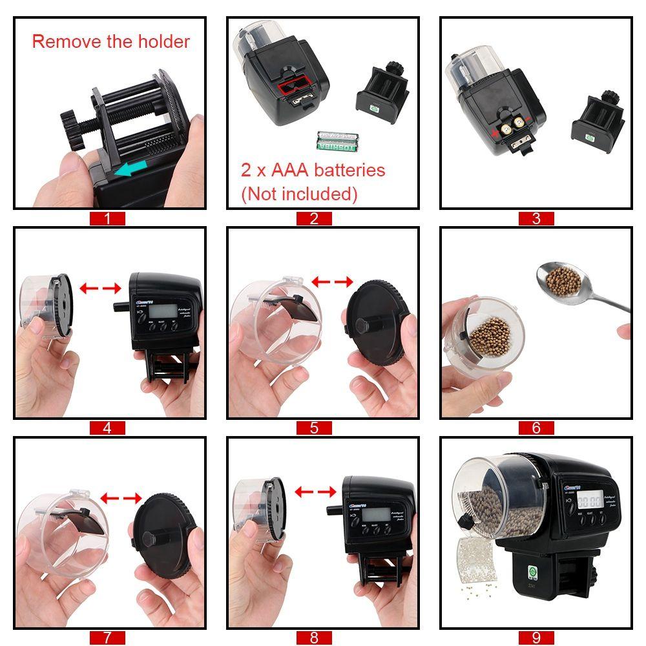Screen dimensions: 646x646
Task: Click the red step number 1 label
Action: coord(107,218)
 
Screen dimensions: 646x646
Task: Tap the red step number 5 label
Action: coord(314,428)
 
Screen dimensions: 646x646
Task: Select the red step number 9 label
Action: coord(536,637)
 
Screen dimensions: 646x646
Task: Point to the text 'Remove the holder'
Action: coord(110,42)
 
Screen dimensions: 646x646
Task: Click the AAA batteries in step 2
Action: coord(337,140)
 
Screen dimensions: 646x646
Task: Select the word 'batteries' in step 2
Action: coord(343,171)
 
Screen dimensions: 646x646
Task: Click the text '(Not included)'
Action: coord(298,194)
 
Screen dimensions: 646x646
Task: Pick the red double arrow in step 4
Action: coord(101,287)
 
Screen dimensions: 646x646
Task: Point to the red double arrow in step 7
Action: coord(121,497)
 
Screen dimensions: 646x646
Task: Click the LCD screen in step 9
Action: coord(589,499)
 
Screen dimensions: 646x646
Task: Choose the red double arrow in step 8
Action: coord(315,493)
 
